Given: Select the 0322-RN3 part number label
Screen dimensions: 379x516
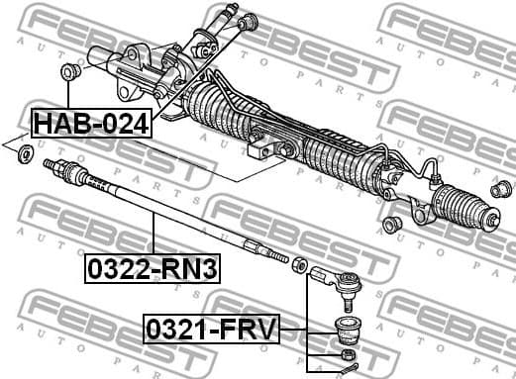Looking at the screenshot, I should click(152, 267).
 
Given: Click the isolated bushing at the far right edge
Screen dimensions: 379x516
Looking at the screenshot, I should click(501, 188).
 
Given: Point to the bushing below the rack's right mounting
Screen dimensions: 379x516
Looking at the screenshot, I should click(391, 224).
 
